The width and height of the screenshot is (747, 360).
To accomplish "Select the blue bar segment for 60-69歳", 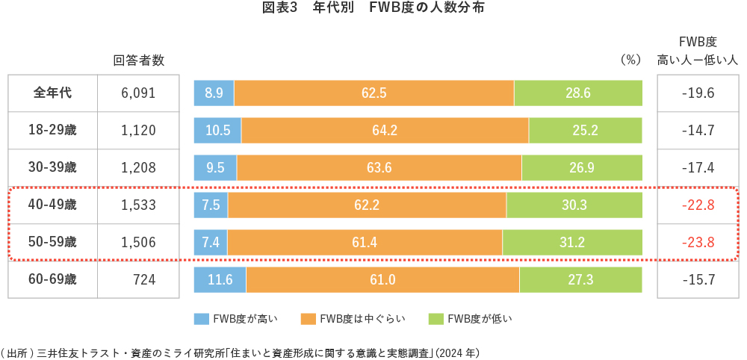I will [220, 280].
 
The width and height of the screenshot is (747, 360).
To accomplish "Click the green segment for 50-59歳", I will [572, 242].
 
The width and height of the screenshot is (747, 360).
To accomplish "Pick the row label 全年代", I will [52, 93].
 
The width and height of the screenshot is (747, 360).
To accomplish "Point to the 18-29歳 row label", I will [52, 131].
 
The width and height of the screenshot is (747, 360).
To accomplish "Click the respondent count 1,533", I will [138, 205].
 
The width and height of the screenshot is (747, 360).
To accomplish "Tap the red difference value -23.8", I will [698, 242].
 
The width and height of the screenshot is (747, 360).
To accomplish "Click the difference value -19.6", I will [698, 93].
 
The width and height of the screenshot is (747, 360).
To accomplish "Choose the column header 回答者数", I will [138, 60].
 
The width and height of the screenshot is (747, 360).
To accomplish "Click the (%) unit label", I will [630, 60].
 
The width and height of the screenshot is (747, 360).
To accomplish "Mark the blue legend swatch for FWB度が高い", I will [201, 319].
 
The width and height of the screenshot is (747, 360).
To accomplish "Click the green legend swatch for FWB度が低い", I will [436, 319].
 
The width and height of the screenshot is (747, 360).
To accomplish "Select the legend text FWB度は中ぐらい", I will [362, 319].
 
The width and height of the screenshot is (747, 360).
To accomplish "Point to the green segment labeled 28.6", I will [578, 93].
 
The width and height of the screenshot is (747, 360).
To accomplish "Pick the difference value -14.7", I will [698, 131].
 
